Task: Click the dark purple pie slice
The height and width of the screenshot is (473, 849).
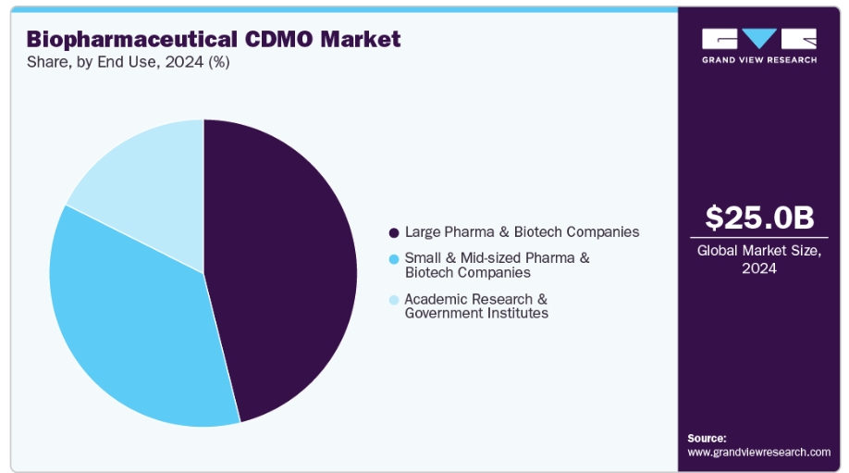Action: tap(287, 268)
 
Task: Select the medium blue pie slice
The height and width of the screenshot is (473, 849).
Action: tap(129, 333)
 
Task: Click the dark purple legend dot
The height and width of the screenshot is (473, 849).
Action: tap(394, 232)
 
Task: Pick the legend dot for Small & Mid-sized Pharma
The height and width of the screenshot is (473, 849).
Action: tap(394, 258)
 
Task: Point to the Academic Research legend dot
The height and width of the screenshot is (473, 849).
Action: tap(394, 300)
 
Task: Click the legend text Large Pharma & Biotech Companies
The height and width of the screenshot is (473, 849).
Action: tap(522, 232)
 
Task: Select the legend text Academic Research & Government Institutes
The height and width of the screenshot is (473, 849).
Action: tap(476, 306)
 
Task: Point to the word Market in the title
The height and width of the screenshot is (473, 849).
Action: tap(365, 39)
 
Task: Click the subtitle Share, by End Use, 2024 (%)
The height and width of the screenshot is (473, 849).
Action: tap(129, 63)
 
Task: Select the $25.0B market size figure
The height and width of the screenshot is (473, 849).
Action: tap(758, 218)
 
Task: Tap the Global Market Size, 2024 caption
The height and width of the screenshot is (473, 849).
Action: tap(758, 259)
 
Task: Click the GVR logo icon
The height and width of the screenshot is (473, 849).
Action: tap(758, 39)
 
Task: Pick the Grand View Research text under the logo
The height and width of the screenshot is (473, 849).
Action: tap(758, 59)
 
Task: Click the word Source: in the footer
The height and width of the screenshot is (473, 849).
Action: tap(707, 438)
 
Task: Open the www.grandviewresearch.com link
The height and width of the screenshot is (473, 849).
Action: tap(758, 452)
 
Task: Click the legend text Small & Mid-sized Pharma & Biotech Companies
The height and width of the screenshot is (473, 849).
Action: tap(497, 265)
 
